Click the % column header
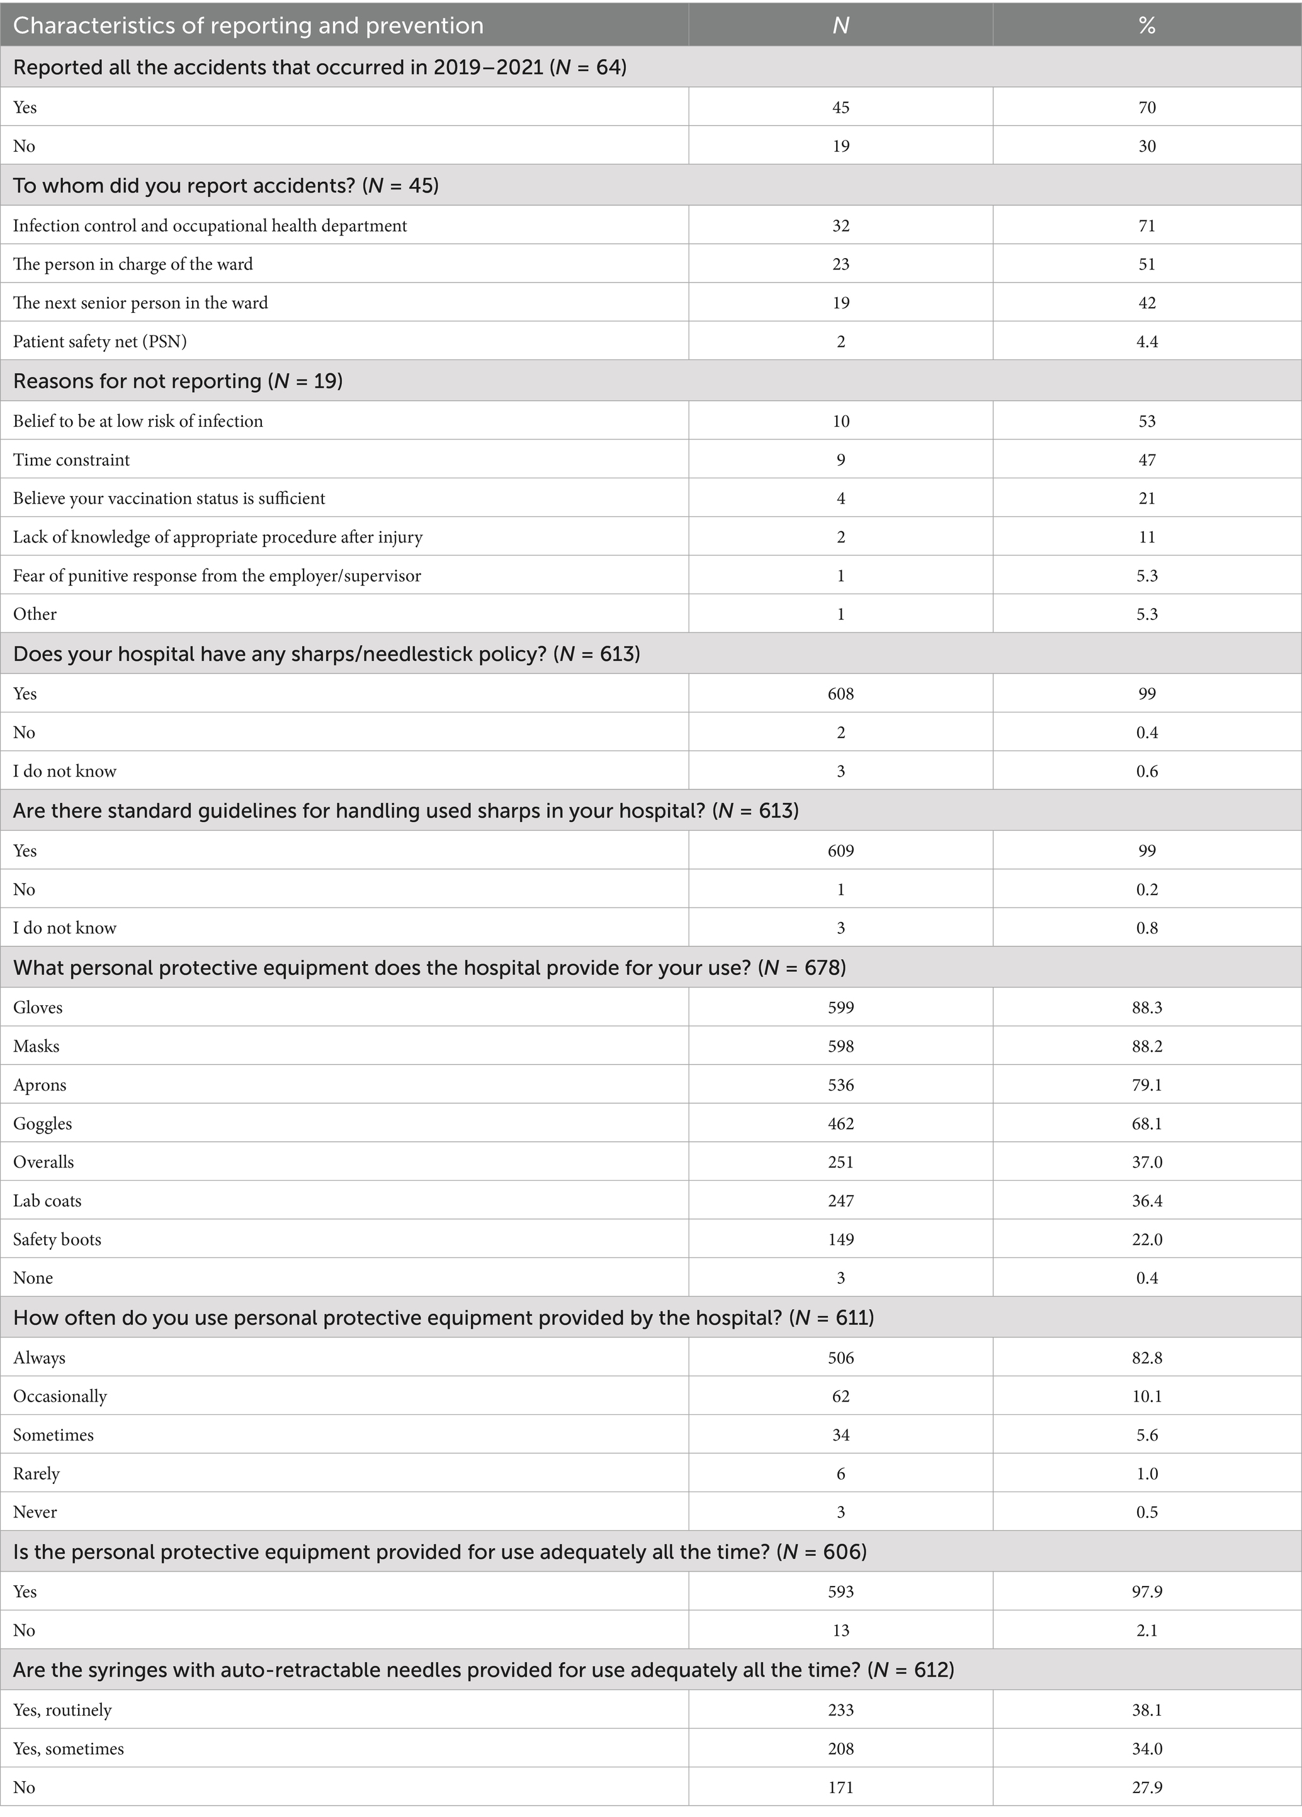(1146, 26)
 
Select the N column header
(841, 26)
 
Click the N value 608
(841, 694)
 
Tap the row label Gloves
(38, 1008)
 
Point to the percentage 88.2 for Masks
(1146, 1046)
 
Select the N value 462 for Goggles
(841, 1124)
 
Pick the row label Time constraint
(71, 460)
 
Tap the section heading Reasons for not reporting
(178, 381)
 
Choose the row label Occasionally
(60, 1397)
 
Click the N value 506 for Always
(841, 1358)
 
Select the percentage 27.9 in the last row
(1146, 1787)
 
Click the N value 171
(841, 1787)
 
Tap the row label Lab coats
(47, 1201)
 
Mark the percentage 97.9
(1146, 1591)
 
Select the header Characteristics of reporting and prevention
(249, 26)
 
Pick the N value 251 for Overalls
(841, 1162)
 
